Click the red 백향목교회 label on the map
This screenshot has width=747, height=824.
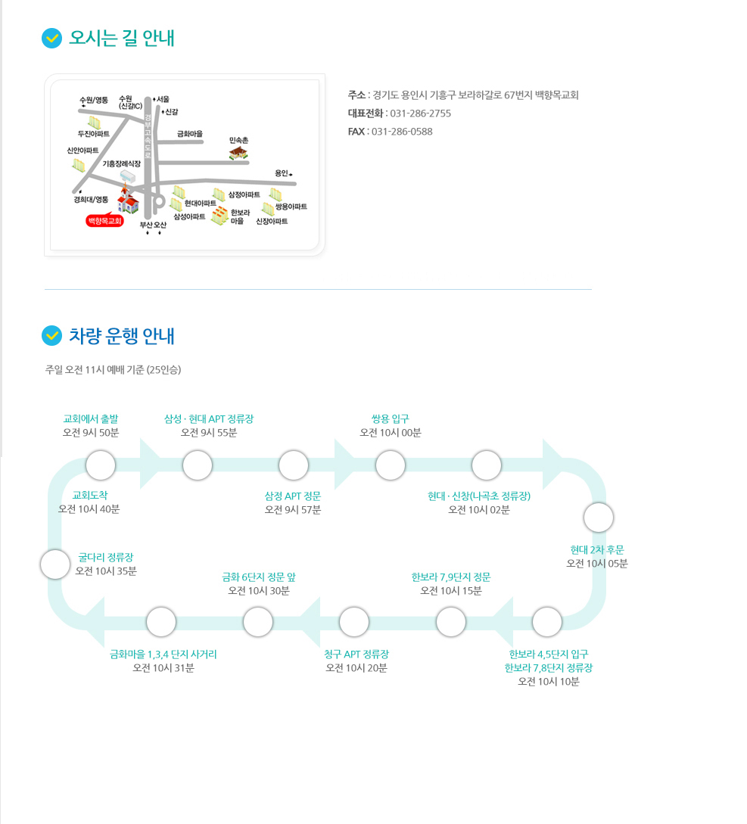point(104,221)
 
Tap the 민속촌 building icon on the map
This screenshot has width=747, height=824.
point(238,153)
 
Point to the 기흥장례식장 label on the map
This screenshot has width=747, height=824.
point(121,164)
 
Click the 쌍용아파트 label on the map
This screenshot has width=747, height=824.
point(291,207)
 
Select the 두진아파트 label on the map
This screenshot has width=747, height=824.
point(94,134)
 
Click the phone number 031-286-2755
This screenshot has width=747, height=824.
point(421,113)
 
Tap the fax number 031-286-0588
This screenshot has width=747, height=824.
point(402,132)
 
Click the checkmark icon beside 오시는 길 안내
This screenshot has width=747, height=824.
point(52,38)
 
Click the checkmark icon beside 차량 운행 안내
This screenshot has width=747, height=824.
point(52,336)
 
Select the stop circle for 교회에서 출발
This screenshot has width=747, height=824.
point(101,465)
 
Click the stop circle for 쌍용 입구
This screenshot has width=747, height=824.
point(391,465)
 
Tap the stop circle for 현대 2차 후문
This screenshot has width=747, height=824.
point(599,518)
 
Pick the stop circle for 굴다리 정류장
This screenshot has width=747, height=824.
point(55,564)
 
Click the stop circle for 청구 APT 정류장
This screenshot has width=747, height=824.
point(354,622)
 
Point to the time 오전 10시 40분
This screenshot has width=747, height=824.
point(89,509)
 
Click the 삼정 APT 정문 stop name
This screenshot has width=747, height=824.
point(293,496)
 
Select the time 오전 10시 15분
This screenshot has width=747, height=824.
point(451,591)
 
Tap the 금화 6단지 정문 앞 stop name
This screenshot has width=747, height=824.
point(259,577)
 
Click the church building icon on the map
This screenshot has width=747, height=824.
point(127,200)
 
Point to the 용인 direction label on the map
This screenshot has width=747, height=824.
point(282,173)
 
